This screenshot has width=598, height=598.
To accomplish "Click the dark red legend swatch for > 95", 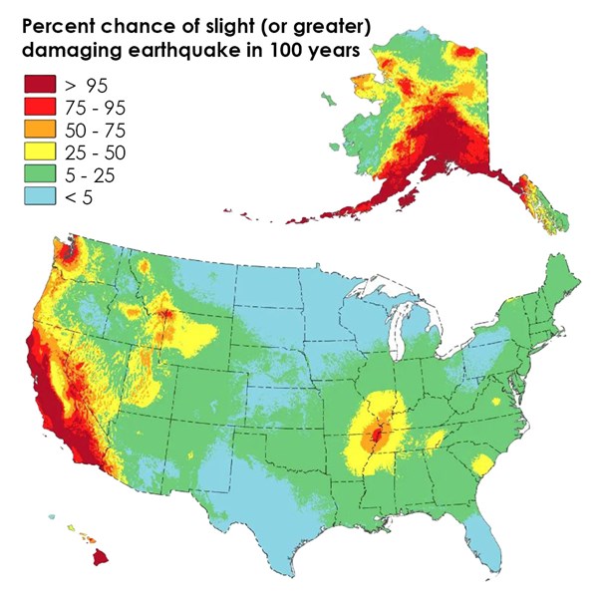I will coord(37,83).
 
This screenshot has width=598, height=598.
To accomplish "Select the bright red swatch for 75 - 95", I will coord(37,106).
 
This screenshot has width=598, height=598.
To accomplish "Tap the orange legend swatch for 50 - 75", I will coord(37,129).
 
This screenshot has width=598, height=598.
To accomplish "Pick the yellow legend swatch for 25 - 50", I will coord(37,151).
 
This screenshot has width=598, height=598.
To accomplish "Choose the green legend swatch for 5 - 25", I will coord(37,174).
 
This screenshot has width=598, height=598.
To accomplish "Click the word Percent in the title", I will coord(55,24).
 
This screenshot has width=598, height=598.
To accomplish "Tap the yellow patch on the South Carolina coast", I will coord(482,464).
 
